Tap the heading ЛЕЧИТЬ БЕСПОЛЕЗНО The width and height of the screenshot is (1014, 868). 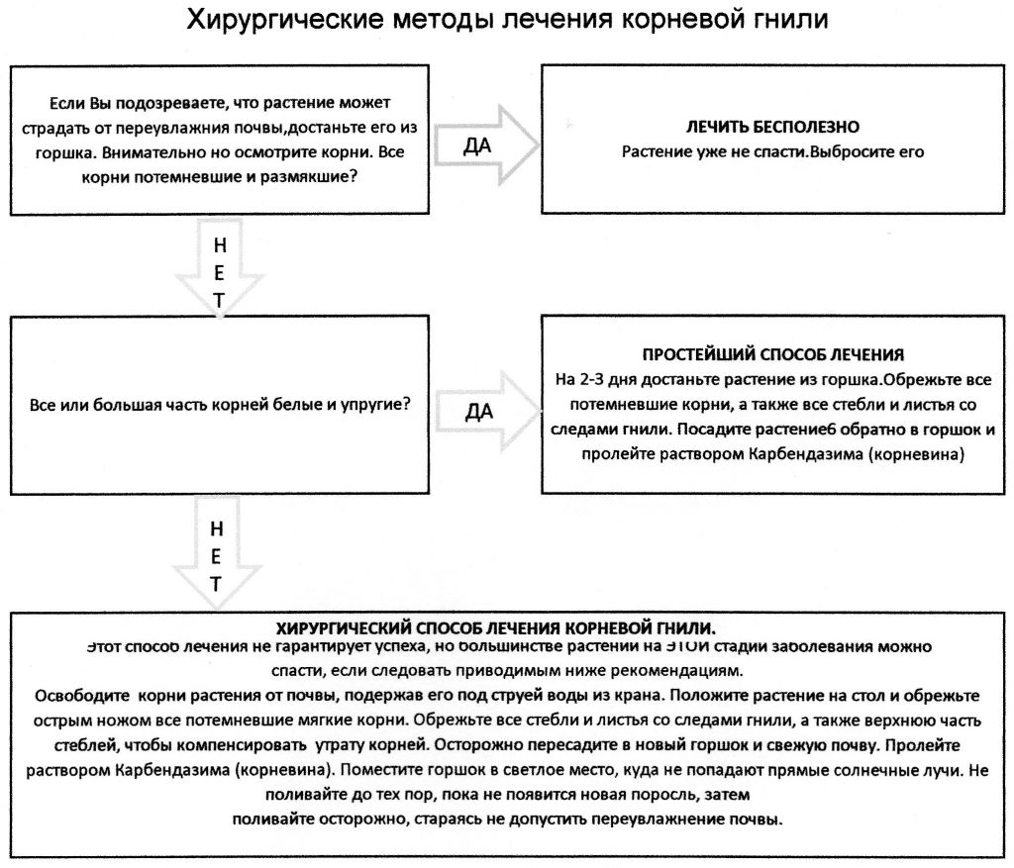pos(771,127)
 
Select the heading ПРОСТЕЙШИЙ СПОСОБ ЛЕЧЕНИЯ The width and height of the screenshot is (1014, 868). pos(773,354)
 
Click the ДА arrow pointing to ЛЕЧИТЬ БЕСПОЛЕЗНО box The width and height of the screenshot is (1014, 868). pos(486,145)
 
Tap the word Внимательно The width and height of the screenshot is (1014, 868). pos(130,152)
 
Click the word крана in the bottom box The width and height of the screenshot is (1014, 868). pos(652,692)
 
